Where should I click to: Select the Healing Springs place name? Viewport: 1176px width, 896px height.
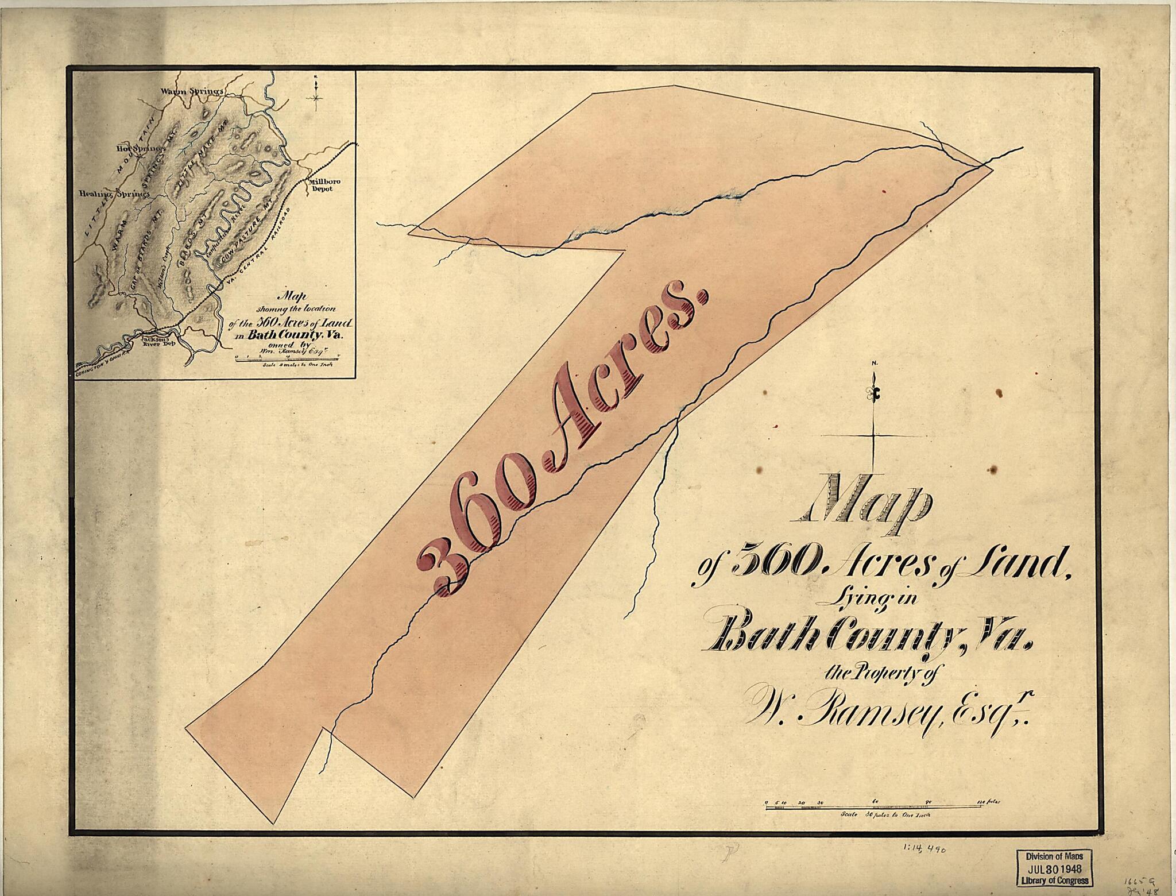coord(115,194)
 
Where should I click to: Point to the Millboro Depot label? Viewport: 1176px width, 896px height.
coord(325,185)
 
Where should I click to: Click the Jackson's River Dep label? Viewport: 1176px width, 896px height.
coord(156,343)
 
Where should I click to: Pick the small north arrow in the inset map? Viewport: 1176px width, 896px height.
coord(316,92)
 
